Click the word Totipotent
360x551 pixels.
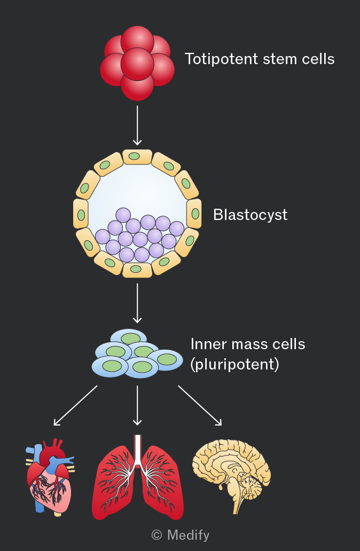[x=222, y=59]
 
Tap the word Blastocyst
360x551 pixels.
[x=251, y=215]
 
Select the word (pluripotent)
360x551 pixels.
[x=235, y=364]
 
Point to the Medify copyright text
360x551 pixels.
[x=181, y=535]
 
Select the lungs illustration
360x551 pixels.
[x=137, y=477]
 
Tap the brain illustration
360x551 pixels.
[x=231, y=475]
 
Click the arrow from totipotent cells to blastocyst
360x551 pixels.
[x=137, y=125]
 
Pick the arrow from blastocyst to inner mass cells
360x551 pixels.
[x=137, y=303]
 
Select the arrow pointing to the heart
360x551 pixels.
[x=75, y=406]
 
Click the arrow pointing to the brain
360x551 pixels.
[x=200, y=406]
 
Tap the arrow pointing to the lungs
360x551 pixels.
[x=137, y=406]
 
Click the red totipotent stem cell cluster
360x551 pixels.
[x=137, y=63]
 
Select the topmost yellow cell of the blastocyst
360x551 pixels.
[x=137, y=157]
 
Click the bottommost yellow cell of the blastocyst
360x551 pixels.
[x=137, y=270]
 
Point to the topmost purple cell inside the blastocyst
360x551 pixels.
[x=123, y=215]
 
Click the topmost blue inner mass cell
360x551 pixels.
[x=129, y=337]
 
